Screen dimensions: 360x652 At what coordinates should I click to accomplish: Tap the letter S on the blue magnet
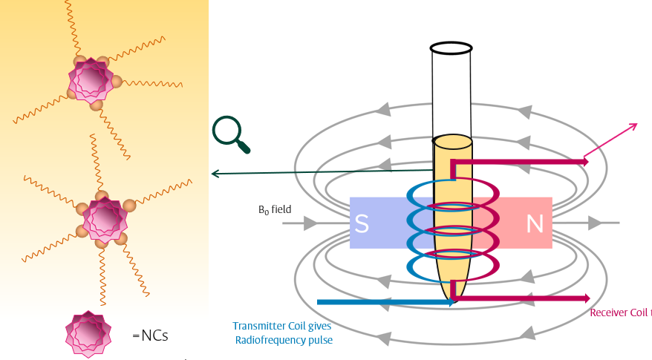362,223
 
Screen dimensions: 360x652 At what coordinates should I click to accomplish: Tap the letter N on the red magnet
535,223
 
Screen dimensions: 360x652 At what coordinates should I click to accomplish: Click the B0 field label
274,210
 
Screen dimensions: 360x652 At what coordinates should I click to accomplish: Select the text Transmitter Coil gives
281,327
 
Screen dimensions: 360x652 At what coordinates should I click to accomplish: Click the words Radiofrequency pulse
284,341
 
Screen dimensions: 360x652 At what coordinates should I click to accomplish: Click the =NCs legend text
150,336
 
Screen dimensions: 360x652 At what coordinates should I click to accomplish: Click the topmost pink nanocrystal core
91,78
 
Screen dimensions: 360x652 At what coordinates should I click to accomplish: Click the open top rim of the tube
451,48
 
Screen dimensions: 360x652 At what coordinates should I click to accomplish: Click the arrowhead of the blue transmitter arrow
451,302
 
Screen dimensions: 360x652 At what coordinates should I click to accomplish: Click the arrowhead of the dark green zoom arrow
215,174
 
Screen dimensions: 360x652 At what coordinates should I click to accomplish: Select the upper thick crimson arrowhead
586,161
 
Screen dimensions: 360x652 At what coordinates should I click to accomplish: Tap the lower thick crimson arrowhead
586,298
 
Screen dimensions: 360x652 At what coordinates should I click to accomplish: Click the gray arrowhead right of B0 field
310,223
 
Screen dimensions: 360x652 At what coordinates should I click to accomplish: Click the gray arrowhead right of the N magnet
595,223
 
